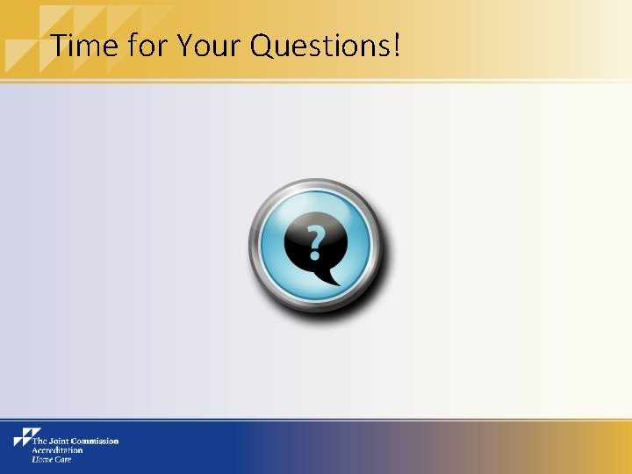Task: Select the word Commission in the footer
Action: pos(96,442)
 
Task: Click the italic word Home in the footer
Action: pos(41,459)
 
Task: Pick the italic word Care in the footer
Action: pos(62,459)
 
